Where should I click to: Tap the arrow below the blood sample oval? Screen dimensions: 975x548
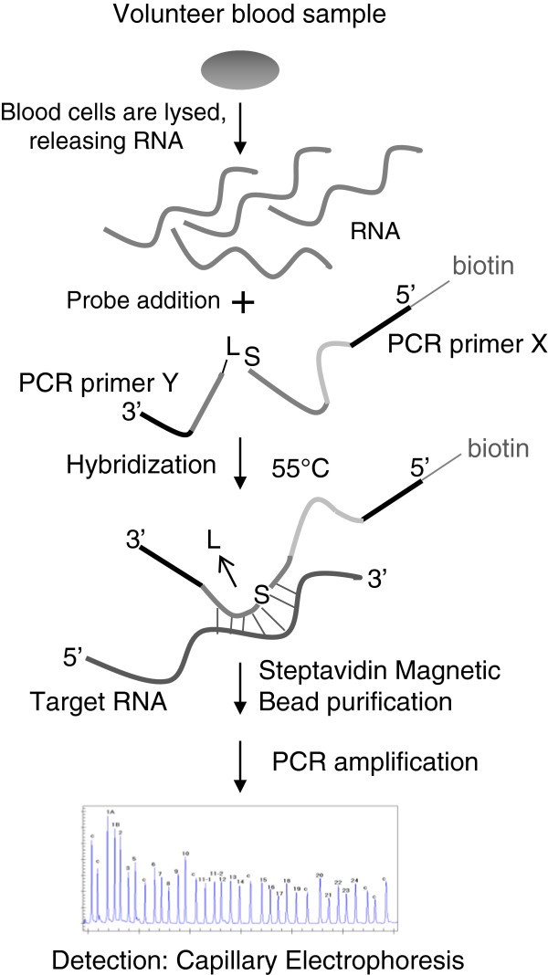pyautogui.click(x=239, y=131)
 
